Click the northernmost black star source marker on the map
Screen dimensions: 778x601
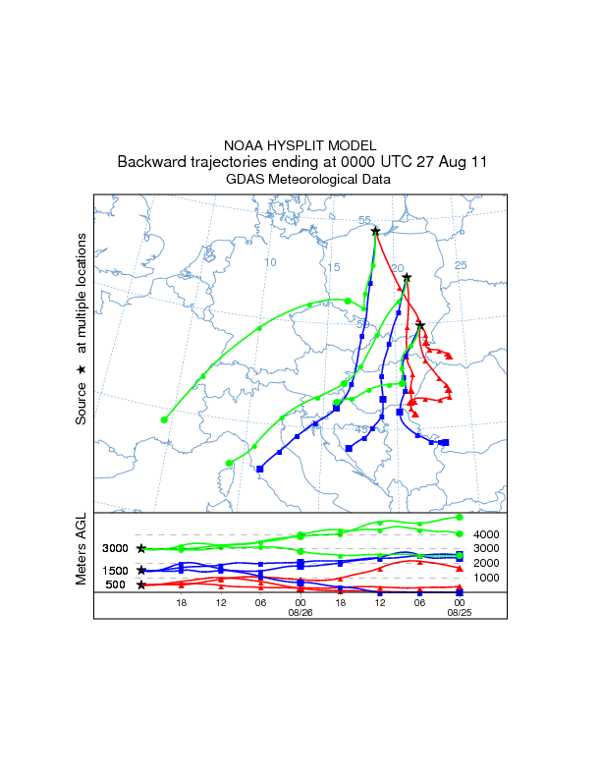375,232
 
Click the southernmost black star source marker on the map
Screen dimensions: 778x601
420,324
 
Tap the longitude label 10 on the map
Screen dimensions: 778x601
270,262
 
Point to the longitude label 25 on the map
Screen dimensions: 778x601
461,265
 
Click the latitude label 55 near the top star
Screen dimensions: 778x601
363,220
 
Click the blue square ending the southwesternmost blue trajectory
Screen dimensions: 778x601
259,469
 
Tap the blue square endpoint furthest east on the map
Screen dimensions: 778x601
446,443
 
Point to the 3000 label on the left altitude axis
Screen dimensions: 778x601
116,548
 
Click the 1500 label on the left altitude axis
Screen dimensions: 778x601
116,571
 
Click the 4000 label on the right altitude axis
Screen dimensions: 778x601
488,534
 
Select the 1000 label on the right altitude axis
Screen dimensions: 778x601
488,578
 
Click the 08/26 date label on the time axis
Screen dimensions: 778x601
300,611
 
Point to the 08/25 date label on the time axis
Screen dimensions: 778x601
460,611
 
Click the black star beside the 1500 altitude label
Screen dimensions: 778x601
141,570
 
